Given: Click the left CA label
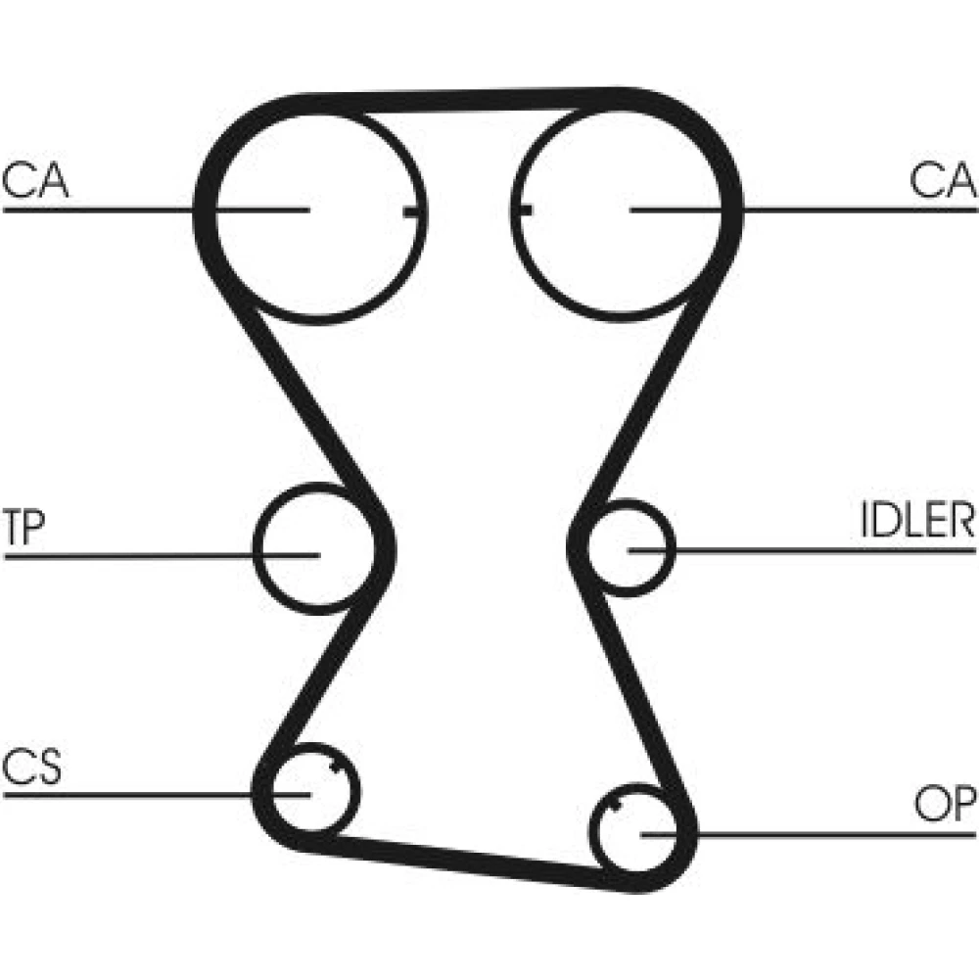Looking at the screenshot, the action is (35, 180).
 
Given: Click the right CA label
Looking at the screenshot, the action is (943, 180).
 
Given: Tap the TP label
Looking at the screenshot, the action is (24, 527).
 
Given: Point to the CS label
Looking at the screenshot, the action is (32, 767).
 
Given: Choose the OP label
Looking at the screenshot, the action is (945, 803).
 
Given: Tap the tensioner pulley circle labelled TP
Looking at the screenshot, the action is (257, 549).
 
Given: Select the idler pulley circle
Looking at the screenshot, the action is (674, 548).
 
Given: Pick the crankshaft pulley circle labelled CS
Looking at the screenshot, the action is (357, 790).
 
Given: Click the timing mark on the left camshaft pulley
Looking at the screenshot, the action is (413, 212).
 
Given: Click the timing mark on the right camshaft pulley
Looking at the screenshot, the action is (522, 210).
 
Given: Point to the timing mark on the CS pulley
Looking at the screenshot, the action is (337, 767).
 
